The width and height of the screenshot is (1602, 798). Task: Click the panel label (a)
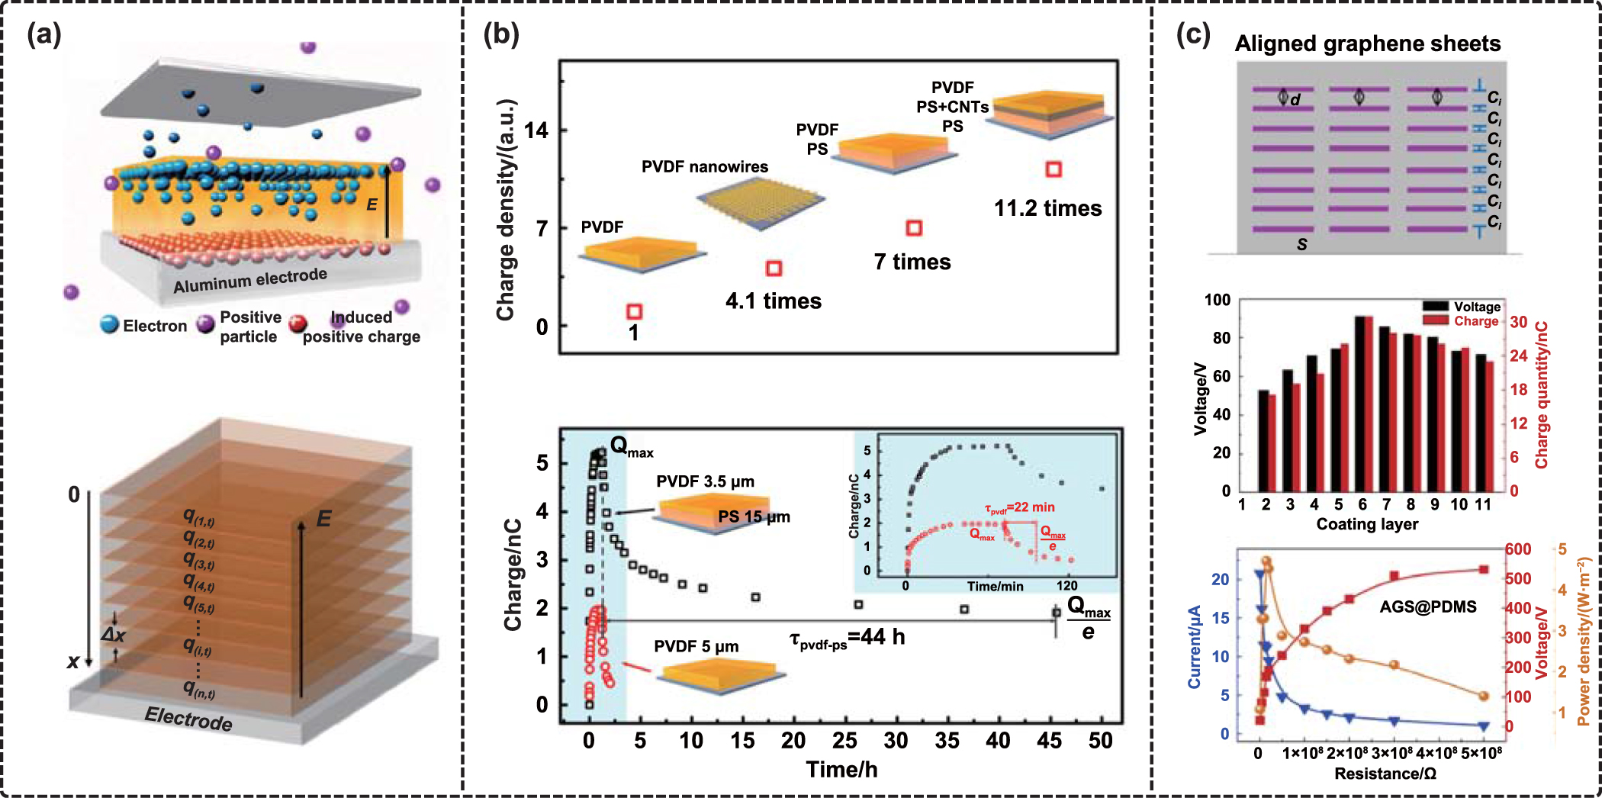point(43,34)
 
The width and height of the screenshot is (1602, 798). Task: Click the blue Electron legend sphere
point(110,324)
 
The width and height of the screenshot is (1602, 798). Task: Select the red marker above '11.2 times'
point(1054,169)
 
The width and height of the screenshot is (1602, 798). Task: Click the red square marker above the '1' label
point(634,311)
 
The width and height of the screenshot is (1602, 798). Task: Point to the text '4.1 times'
point(773,301)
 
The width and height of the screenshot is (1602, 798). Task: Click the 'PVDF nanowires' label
point(704,166)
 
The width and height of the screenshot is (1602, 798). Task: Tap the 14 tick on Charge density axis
point(536,130)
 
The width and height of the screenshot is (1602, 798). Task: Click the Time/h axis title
point(841,769)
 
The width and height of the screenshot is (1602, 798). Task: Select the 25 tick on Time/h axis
point(844,740)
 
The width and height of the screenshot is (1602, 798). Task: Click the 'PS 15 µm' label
point(754,516)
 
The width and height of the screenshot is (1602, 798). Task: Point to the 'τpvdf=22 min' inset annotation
point(1019,507)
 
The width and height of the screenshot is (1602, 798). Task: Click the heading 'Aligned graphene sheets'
point(1367,43)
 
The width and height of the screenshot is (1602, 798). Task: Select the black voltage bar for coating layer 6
point(1359,403)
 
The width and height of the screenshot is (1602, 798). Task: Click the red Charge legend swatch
point(1435,321)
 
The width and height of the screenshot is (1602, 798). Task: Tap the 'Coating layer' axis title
point(1367,524)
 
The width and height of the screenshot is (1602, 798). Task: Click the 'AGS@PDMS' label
point(1427,607)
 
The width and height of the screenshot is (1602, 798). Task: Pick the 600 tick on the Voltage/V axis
point(1518,549)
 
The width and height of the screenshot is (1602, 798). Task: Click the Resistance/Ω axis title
point(1385,774)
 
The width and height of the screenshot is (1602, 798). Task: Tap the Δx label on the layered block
point(114,635)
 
